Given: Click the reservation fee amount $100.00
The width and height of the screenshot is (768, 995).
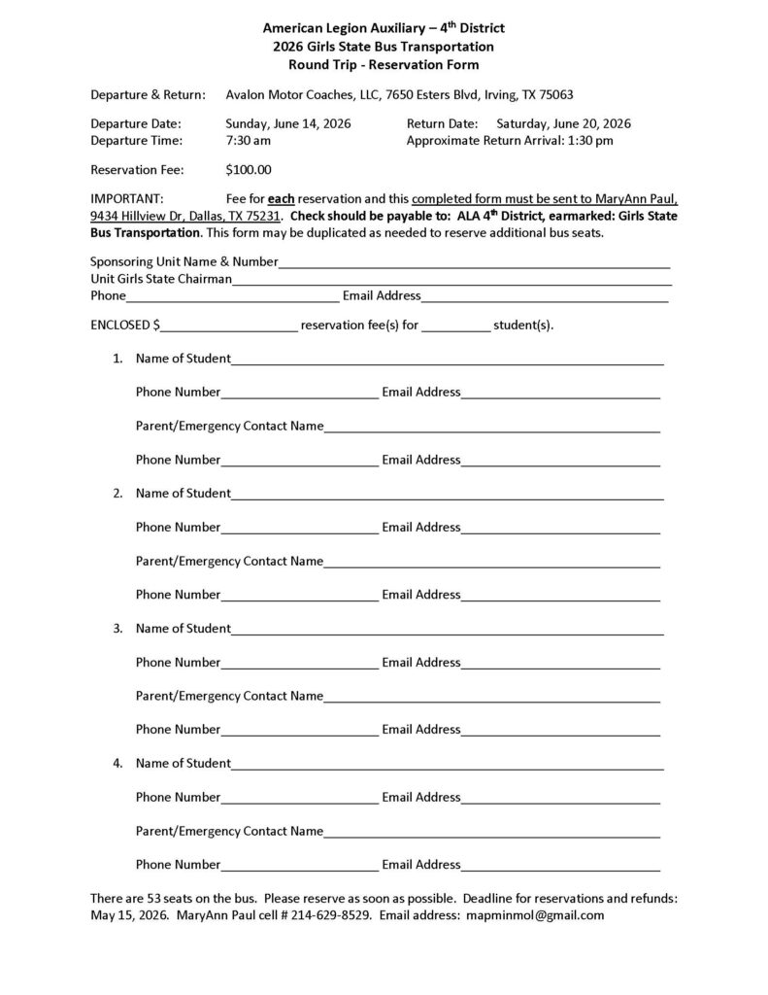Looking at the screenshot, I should pos(248,169).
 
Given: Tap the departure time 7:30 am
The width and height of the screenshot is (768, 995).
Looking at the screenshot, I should pos(248,140).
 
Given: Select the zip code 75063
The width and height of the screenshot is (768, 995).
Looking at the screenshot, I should pos(553,94).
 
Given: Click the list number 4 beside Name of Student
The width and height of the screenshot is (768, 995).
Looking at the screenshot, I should pos(117,763).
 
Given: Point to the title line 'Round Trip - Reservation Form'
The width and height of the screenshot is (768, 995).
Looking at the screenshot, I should pos(384,65).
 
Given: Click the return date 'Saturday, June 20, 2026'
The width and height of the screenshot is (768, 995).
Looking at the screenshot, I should pos(563,123).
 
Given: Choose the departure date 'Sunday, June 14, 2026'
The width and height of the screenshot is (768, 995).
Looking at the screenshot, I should pos(288,123).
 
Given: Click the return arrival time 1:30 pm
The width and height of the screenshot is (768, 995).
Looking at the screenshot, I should pos(590,140).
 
